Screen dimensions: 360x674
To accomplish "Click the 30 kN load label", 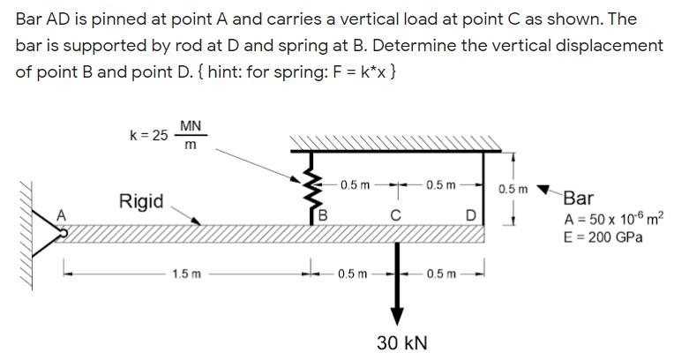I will coord(401,342).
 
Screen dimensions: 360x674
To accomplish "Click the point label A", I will coord(62,213).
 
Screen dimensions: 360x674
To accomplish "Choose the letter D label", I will coord(470,214).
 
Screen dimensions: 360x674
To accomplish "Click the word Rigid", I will coord(142,201).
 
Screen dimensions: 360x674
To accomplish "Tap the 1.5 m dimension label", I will coord(186,274).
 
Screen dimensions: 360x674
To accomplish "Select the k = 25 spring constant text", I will coord(148,135).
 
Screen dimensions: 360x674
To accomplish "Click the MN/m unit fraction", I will coord(190,136).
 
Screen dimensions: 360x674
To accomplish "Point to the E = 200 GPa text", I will coord(603,236).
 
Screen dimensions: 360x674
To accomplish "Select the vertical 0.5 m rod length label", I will coord(513,189).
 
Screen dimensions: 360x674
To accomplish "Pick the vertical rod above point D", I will coord(483,186).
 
